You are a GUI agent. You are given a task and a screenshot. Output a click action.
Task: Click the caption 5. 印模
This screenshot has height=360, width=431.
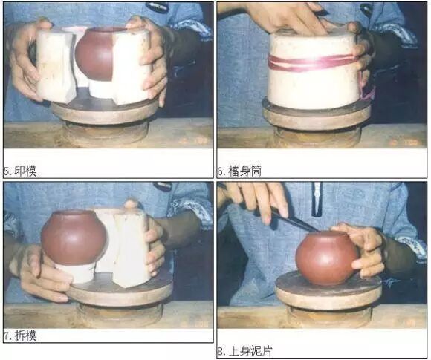(x=20, y=171)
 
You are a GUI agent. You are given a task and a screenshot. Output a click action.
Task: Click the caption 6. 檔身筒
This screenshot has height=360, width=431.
(x=239, y=171)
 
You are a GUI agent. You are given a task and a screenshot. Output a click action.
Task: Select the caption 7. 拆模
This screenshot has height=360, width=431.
(x=20, y=336)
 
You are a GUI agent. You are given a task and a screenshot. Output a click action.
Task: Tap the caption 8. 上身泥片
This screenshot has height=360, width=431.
(x=244, y=352)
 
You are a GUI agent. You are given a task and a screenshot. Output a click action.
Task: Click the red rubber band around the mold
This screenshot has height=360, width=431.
(x=312, y=63)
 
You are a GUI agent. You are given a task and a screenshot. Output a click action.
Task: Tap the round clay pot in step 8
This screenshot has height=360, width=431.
(x=327, y=258)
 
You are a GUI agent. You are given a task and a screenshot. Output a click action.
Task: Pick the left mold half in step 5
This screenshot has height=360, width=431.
(x=56, y=66)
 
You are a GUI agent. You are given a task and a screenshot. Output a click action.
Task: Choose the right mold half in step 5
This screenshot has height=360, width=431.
(x=131, y=66)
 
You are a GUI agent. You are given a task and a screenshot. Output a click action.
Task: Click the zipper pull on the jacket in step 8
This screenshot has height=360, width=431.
(x=317, y=199)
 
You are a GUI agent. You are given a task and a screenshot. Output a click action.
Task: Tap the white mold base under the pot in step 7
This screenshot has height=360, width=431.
(x=74, y=273)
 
